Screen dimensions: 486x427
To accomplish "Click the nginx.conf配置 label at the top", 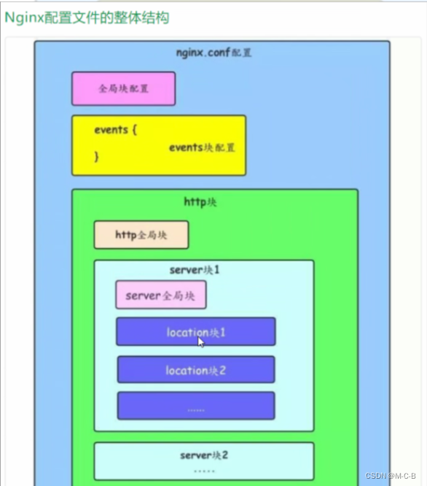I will pos(214,53).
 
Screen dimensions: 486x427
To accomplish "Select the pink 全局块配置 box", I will pos(123,88).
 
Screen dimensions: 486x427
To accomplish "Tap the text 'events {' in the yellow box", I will pos(116,129).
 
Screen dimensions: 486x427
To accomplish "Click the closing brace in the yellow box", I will pos(97,155).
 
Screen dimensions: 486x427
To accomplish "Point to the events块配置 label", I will pos(202,147).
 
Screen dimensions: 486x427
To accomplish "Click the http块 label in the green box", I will pos(200,201).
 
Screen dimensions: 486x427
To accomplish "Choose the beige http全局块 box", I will pos(141,235).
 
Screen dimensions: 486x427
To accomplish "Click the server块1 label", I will pos(195,270).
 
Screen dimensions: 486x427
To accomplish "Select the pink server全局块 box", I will pos(160,296).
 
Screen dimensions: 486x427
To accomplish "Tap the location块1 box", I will pos(195,331).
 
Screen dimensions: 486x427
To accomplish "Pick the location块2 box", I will pos(195,370).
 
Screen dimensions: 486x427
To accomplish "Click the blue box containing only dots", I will pos(195,406).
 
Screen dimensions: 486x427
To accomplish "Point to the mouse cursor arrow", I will pos(201,342).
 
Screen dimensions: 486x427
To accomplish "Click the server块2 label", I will pos(204,455).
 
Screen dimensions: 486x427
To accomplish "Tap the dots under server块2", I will pos(204,471).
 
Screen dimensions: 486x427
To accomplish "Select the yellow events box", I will pos(158,145).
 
